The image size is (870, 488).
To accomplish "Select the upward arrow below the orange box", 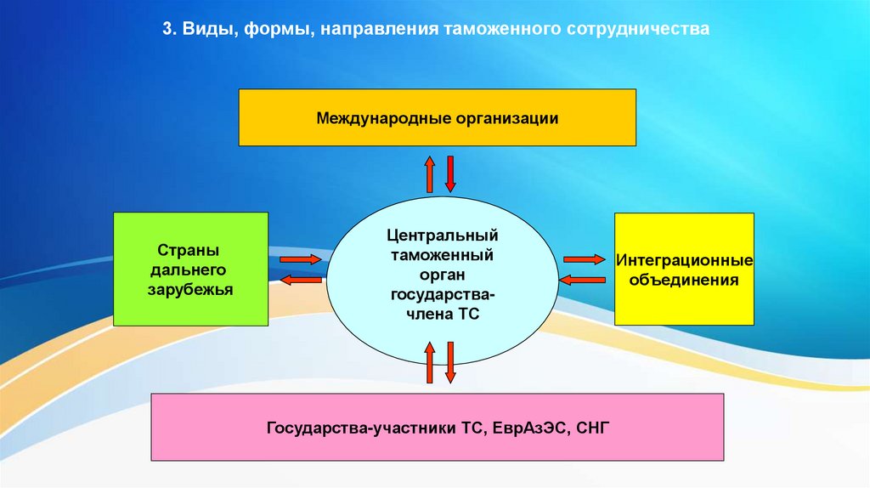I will pyautogui.click(x=430, y=174).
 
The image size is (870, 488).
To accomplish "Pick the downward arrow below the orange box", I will pyautogui.click(x=450, y=174).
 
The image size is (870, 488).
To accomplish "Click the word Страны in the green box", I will pyautogui.click(x=189, y=251).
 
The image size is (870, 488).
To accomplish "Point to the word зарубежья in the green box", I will pyautogui.click(x=189, y=290).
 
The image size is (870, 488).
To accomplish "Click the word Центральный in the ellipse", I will pyautogui.click(x=441, y=234).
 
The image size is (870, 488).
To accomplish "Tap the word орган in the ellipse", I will pyautogui.click(x=441, y=274).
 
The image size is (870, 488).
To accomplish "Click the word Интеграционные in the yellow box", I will pyautogui.click(x=684, y=260).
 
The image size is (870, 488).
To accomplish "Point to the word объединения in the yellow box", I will pyautogui.click(x=684, y=280).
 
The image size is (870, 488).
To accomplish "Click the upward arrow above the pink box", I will pyautogui.click(x=430, y=362).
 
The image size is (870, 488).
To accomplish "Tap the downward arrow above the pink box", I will pyautogui.click(x=450, y=362).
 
